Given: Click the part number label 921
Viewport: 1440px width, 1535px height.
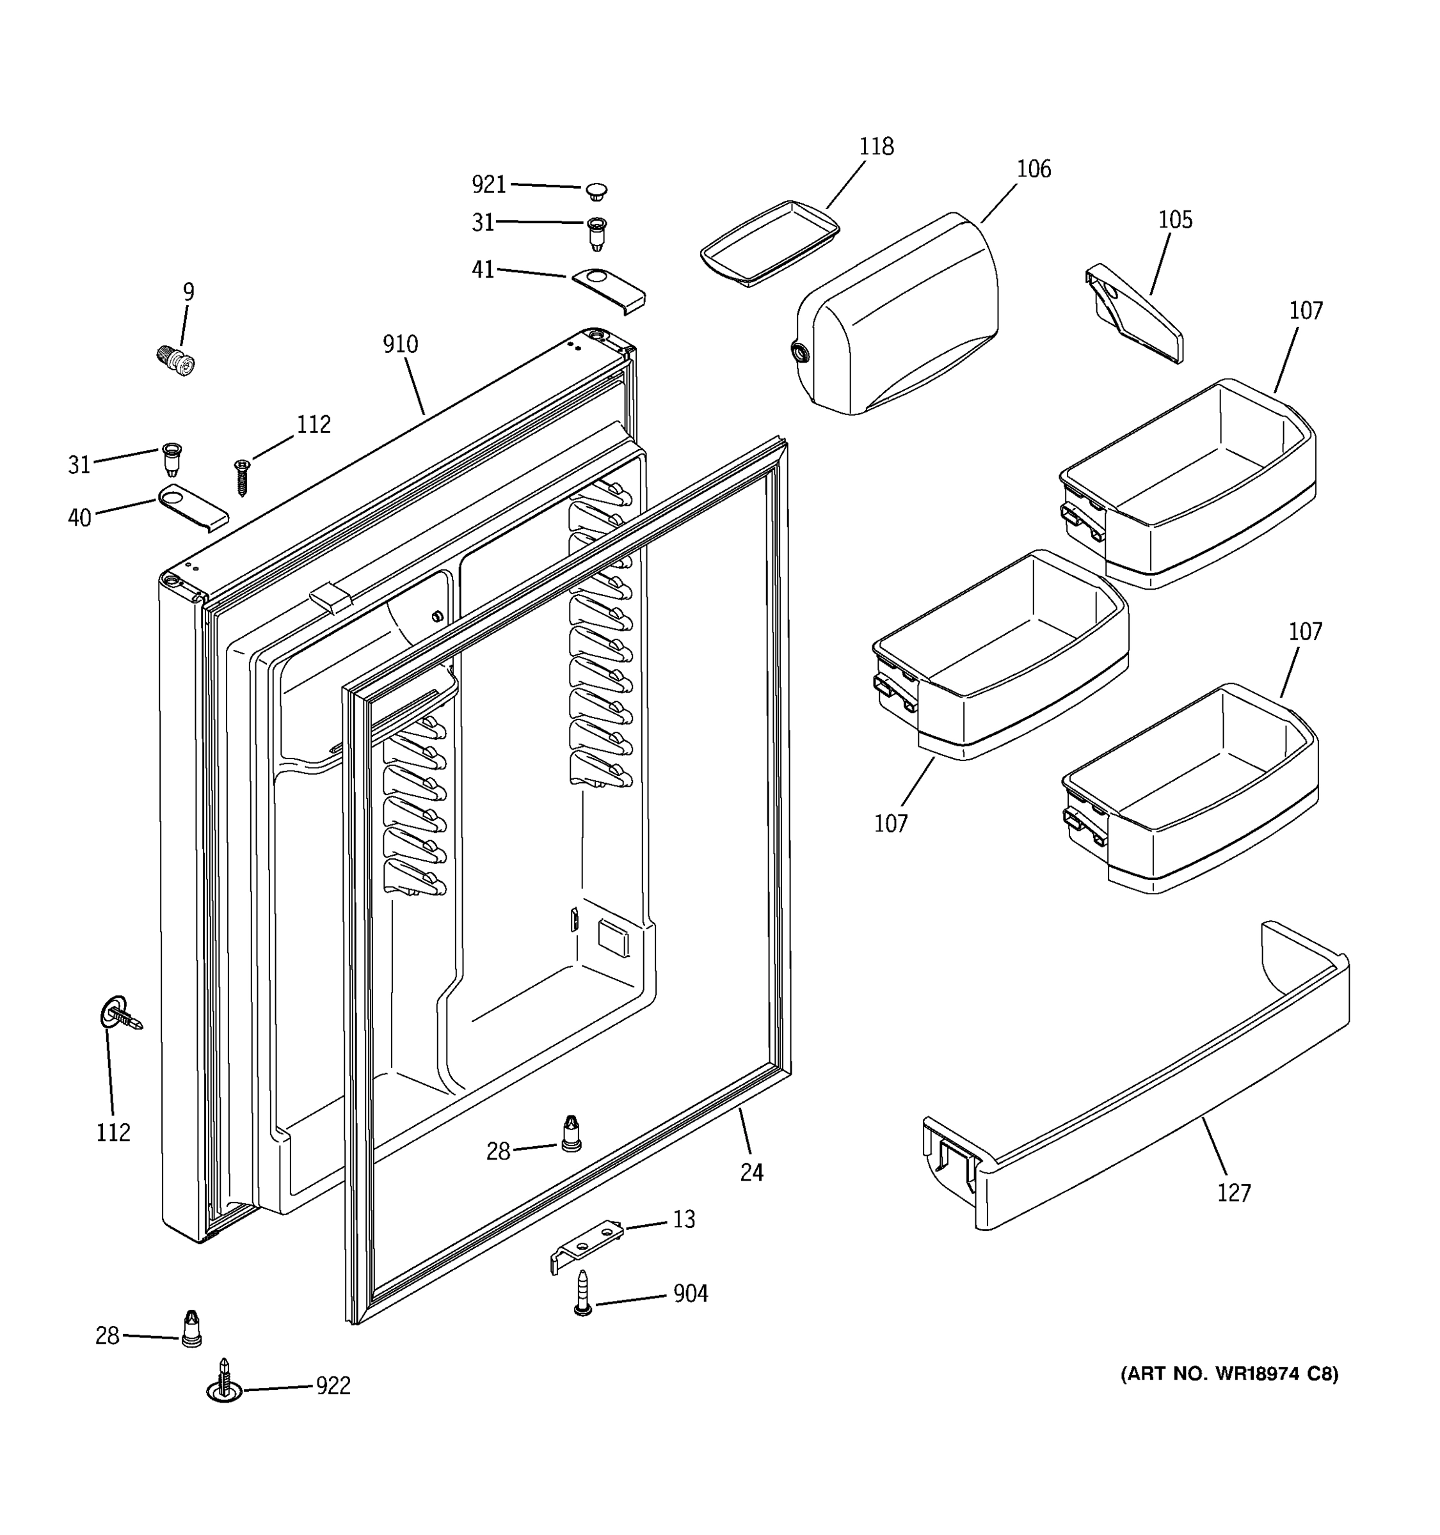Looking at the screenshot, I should [488, 185].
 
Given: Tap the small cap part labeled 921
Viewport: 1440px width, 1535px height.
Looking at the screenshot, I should [596, 190].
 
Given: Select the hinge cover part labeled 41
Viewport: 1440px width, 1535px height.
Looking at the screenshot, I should [609, 290].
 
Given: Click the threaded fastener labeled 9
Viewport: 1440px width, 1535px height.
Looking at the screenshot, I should [176, 361].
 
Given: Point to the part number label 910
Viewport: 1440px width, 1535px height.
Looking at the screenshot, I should [400, 344].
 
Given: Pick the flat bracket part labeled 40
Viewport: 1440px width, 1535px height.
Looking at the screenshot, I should [193, 507].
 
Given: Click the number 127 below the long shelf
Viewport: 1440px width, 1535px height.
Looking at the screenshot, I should [1234, 1193].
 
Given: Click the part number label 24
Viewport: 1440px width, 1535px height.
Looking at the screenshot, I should [751, 1173].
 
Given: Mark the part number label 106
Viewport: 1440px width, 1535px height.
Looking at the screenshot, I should [1034, 169].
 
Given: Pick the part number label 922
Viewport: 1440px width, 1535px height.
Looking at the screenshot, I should [333, 1386].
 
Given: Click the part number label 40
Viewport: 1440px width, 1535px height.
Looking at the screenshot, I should [79, 517].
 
